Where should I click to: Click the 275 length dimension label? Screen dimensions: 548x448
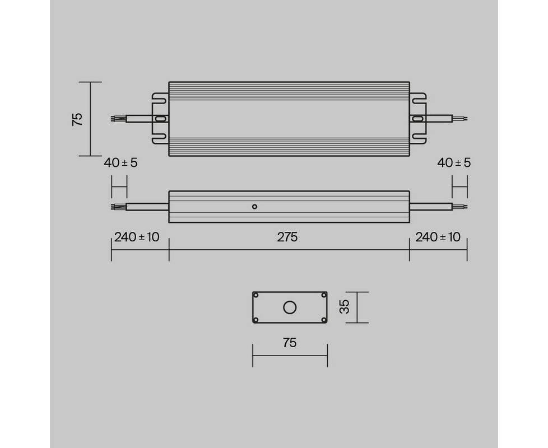[287, 237]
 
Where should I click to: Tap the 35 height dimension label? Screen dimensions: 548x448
[344, 307]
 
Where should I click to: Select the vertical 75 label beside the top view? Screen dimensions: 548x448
[77, 119]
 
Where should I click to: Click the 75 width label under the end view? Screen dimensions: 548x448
[290, 343]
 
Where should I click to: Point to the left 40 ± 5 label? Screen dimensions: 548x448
[120, 163]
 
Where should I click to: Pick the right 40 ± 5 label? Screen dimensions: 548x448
[454, 163]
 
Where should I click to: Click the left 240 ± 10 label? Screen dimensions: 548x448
[137, 237]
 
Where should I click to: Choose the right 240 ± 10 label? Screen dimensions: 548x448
[438, 237]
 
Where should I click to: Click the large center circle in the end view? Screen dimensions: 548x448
[290, 307]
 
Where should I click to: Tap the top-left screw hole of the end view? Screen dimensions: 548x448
[256, 295]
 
